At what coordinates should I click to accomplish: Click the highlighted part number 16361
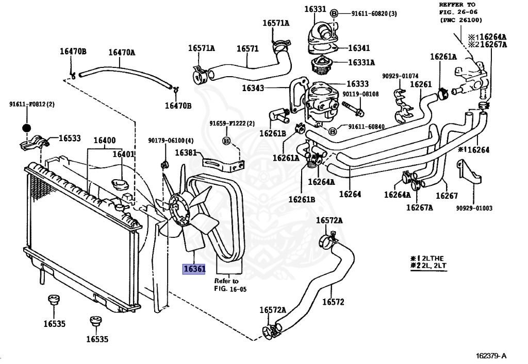click(x=194, y=269)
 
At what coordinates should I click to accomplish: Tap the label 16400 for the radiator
click(x=104, y=140)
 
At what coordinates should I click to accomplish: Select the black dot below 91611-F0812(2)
click(x=26, y=128)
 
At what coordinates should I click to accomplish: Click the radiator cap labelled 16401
click(x=119, y=185)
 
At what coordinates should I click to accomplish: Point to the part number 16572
click(x=333, y=302)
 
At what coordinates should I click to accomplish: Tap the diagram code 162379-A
click(x=491, y=356)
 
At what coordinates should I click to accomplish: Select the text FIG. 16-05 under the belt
click(x=230, y=289)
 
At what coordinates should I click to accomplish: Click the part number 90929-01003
click(x=474, y=208)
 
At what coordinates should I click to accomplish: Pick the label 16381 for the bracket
click(x=186, y=152)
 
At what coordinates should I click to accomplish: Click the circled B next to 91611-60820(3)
click(x=334, y=13)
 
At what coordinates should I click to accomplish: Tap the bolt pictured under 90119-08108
click(x=353, y=109)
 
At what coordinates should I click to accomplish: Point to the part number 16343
click(x=253, y=88)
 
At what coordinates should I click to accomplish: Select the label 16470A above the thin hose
click(x=122, y=52)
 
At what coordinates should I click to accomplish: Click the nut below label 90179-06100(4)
click(x=164, y=165)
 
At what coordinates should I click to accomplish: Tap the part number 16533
click(x=70, y=138)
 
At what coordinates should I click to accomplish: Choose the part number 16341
click(x=359, y=48)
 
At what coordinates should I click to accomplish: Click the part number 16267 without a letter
click(x=447, y=196)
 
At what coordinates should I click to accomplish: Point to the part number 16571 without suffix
click(x=247, y=49)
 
